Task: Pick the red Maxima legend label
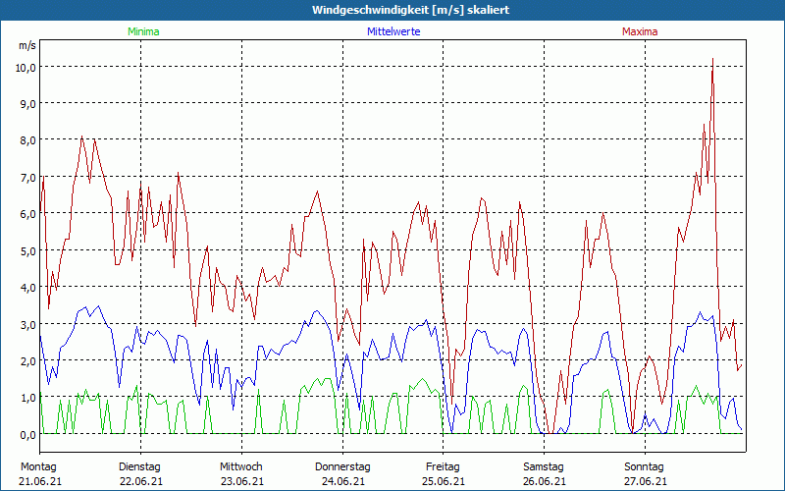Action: click(x=640, y=31)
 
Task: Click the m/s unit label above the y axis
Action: click(x=26, y=45)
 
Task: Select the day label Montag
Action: click(x=38, y=466)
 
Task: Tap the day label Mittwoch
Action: click(x=241, y=466)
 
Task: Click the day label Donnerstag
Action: click(x=342, y=466)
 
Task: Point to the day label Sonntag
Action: click(x=644, y=466)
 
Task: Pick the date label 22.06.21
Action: click(x=140, y=481)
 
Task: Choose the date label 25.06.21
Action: click(x=443, y=481)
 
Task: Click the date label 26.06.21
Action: click(x=544, y=481)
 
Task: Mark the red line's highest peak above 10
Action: click(x=712, y=60)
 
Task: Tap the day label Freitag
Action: click(x=443, y=466)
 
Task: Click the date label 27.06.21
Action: click(x=645, y=481)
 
